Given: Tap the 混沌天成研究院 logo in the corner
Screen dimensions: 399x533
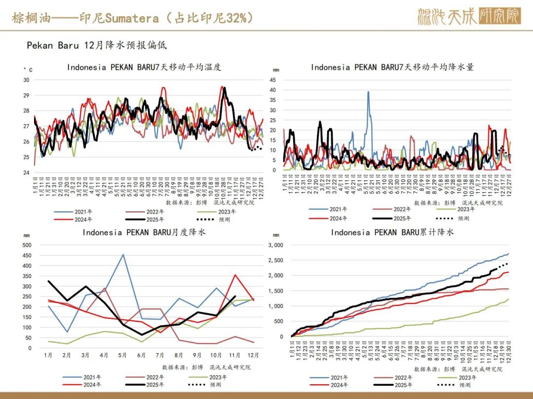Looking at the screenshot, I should tap(469, 16).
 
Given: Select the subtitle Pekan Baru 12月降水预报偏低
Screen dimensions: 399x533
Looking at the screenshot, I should tap(97, 45).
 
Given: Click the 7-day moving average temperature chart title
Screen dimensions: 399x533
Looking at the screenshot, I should tap(144, 67).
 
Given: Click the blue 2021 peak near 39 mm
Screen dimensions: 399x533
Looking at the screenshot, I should tap(368, 92).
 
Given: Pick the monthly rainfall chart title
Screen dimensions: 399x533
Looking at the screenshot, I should tap(144, 232).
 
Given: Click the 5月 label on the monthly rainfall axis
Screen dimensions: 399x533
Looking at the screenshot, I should tap(123, 355).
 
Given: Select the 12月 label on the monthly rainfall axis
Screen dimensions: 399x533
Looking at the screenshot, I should tap(253, 355).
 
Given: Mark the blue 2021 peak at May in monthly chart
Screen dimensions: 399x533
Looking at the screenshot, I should tap(123, 255).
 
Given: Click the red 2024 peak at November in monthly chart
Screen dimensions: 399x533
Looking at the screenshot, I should tap(235, 275).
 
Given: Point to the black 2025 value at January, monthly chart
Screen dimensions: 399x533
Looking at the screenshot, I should tap(48, 281).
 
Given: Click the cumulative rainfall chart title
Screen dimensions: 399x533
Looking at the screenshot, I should tap(392, 232).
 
